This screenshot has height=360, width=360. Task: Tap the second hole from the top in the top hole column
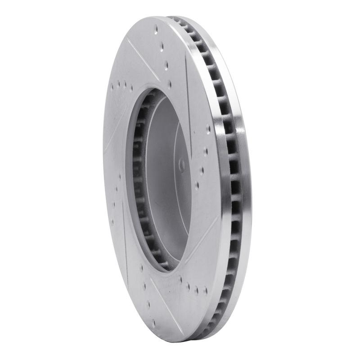pos(162,47)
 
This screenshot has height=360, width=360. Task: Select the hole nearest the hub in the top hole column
pos(170,83)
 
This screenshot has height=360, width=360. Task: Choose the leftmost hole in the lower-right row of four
pos(181,279)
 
